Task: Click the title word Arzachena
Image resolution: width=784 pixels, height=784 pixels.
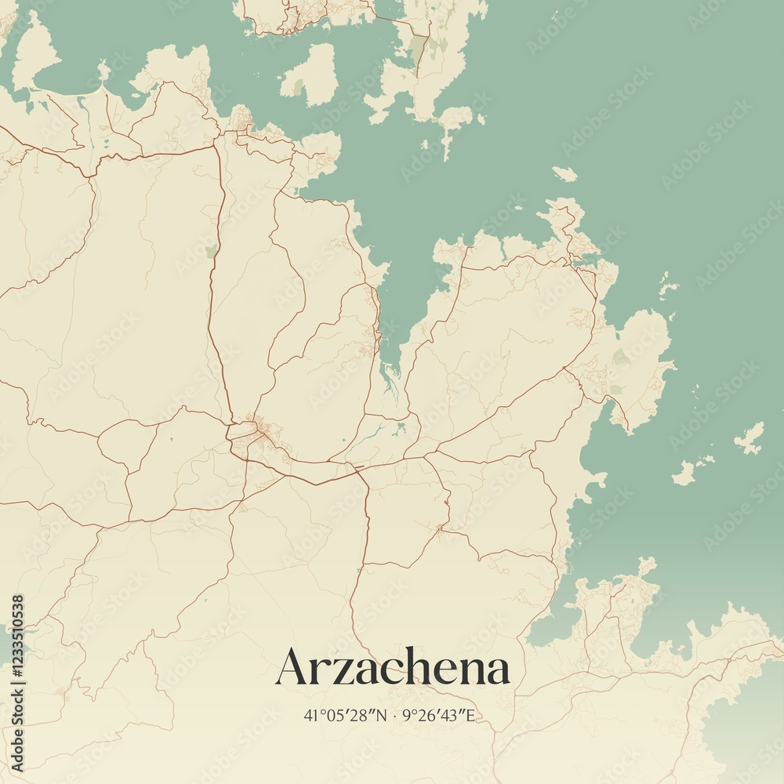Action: click(393, 668)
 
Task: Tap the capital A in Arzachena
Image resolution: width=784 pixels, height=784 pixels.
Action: click(292, 667)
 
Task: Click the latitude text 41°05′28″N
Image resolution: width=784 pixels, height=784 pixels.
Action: click(345, 715)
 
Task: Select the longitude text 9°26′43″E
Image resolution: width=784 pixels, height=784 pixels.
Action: click(438, 715)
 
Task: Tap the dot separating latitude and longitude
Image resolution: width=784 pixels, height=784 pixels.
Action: click(394, 715)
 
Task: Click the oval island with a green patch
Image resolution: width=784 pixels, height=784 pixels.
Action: click(310, 75)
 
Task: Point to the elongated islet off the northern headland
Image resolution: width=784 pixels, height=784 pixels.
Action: click(564, 174)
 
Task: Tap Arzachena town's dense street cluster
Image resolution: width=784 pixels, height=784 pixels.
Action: click(259, 431)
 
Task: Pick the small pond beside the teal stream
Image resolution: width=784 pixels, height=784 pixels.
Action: click(401, 428)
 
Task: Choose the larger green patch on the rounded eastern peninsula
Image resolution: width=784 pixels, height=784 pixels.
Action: click(621, 358)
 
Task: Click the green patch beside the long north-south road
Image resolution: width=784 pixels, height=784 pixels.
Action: click(211, 251)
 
